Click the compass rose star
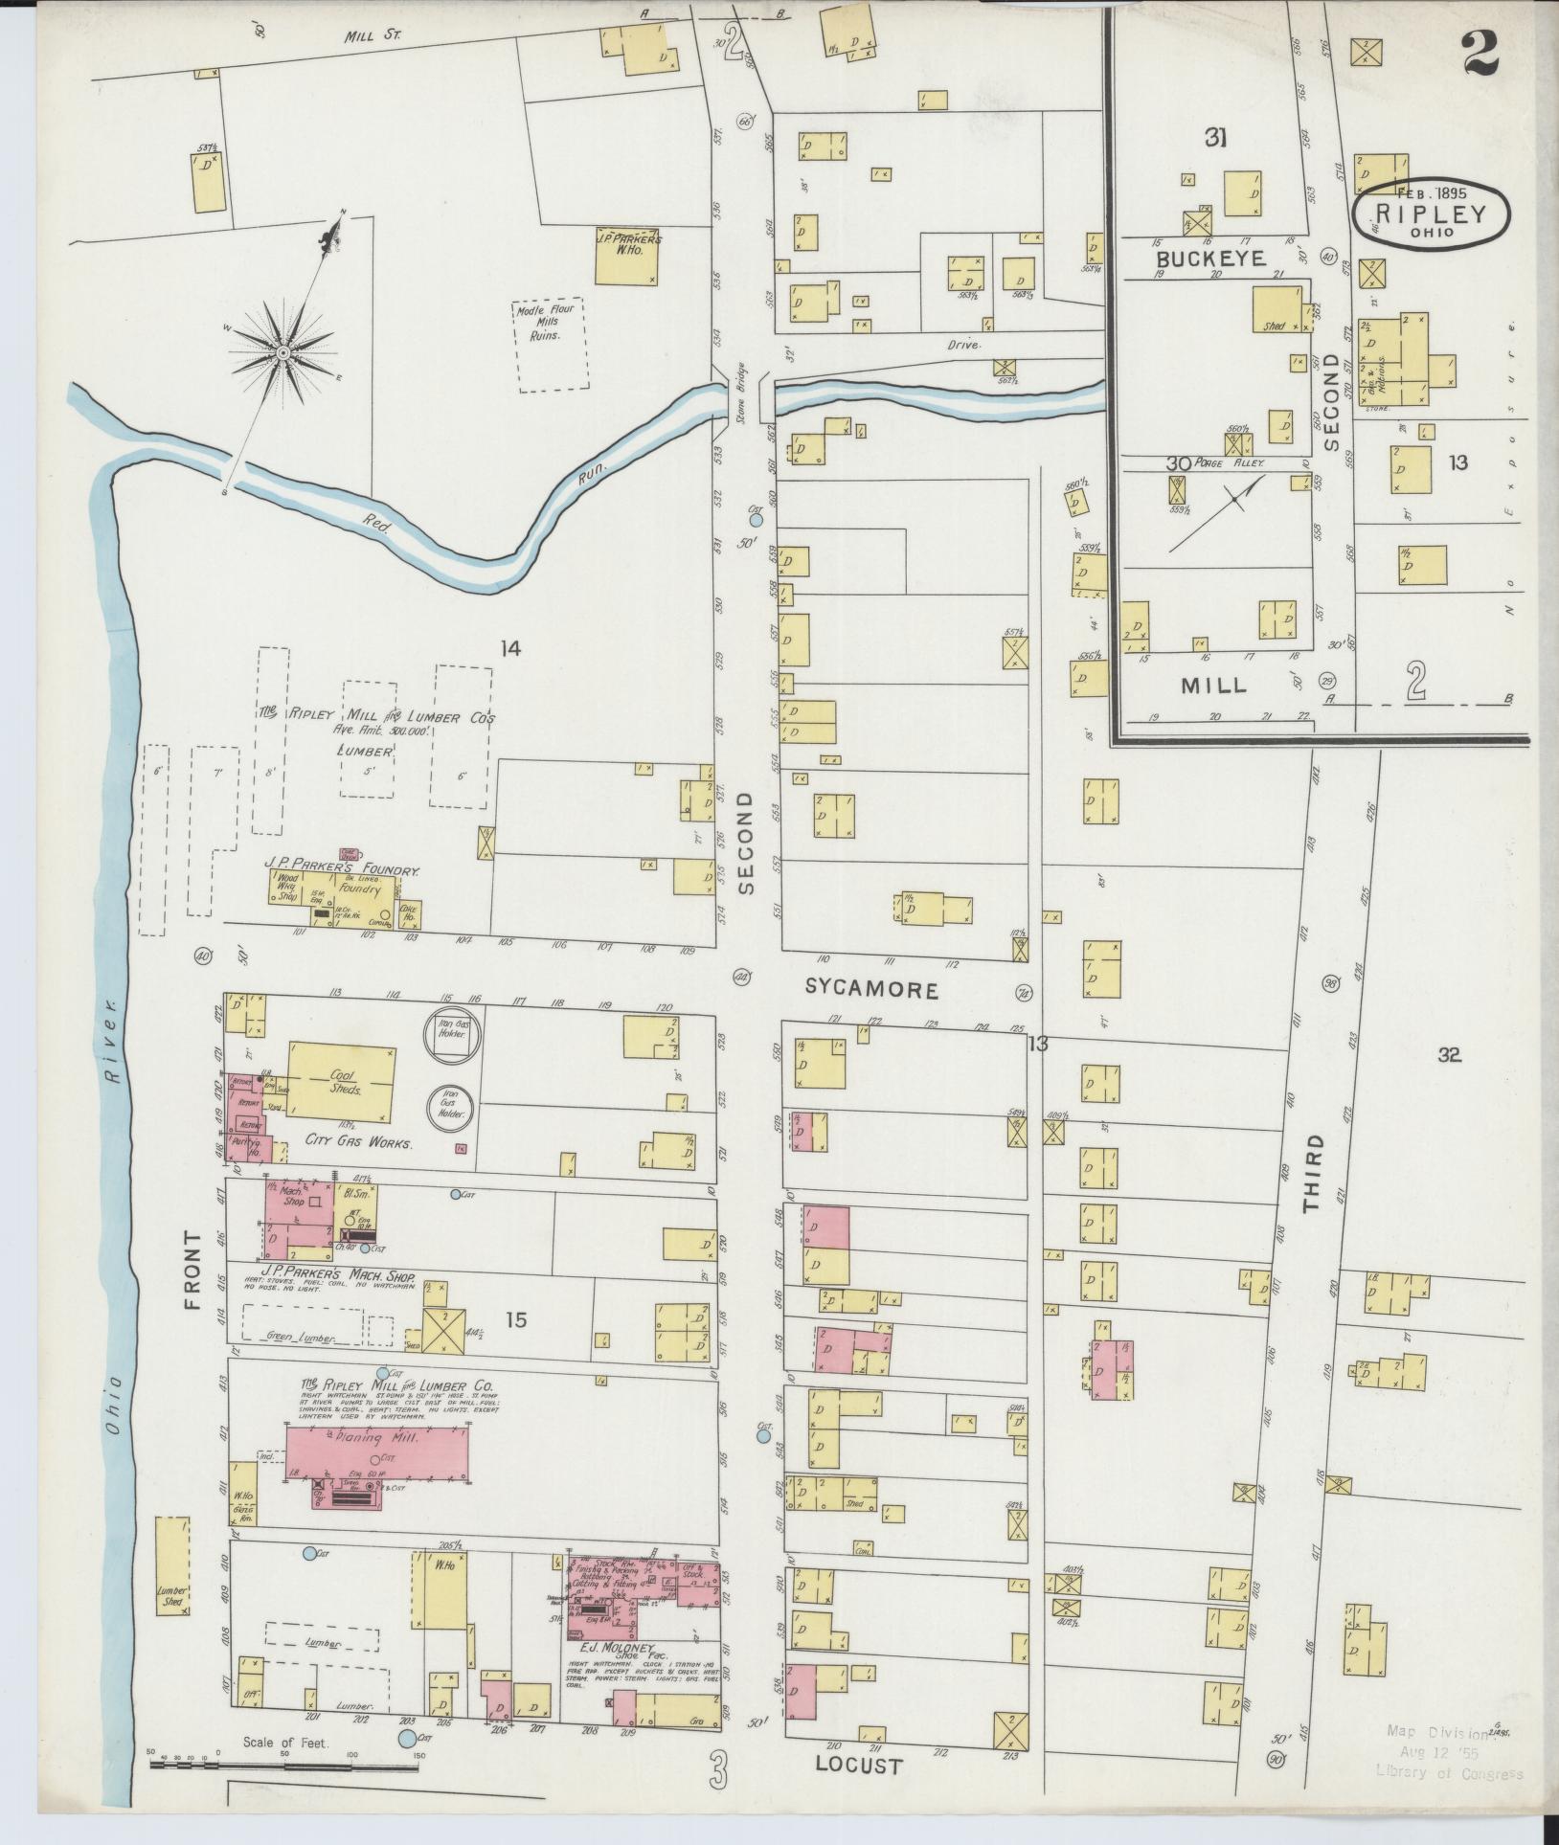pos(283,353)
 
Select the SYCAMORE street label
pos(871,990)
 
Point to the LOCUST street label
pos(859,1765)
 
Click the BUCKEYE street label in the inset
pos(1210,259)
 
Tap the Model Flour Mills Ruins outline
pos(551,344)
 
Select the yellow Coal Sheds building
pos(342,1080)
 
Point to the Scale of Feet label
pos(285,1743)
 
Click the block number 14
pos(509,649)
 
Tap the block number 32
pos(1448,1055)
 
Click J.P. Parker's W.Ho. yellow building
pos(627,255)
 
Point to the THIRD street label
pos(1312,1173)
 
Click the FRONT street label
pos(193,1271)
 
